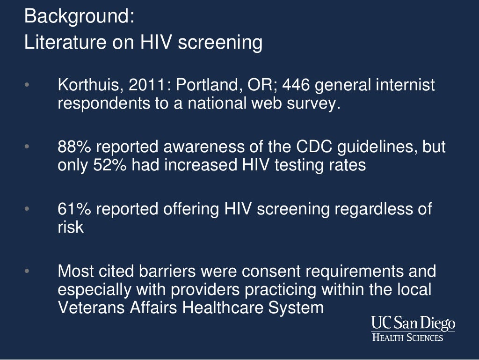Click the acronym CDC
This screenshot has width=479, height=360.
pyautogui.click(x=314, y=147)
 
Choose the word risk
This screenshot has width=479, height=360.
pyautogui.click(x=70, y=227)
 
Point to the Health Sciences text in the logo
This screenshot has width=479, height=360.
pyautogui.click(x=407, y=338)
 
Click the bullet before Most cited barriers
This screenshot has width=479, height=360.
pyautogui.click(x=27, y=271)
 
